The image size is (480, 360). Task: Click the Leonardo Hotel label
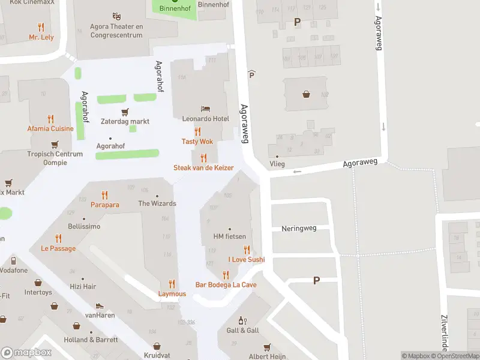(x=206, y=119)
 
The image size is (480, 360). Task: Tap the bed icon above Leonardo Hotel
(x=206, y=109)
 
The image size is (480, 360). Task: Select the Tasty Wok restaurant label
(x=197, y=142)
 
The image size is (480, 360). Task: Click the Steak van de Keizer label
(x=203, y=168)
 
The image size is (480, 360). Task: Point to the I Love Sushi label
(x=246, y=260)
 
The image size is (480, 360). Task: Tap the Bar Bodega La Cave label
(x=226, y=284)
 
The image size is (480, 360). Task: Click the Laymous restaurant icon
(x=172, y=284)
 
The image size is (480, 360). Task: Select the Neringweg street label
(x=298, y=229)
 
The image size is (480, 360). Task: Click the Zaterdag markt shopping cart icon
(x=125, y=112)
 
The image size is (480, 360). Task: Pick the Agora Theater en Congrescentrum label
(x=116, y=31)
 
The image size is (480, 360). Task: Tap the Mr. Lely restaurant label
(x=41, y=37)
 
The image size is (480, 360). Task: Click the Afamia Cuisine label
(x=50, y=128)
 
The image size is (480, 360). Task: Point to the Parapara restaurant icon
(x=105, y=195)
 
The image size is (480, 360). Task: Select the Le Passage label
(x=58, y=248)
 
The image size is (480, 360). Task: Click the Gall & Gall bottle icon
(x=242, y=320)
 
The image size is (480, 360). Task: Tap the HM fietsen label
(x=230, y=236)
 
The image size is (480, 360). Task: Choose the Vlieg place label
(x=277, y=164)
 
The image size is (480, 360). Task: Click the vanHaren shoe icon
(x=100, y=306)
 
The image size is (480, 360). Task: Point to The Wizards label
(x=157, y=203)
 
